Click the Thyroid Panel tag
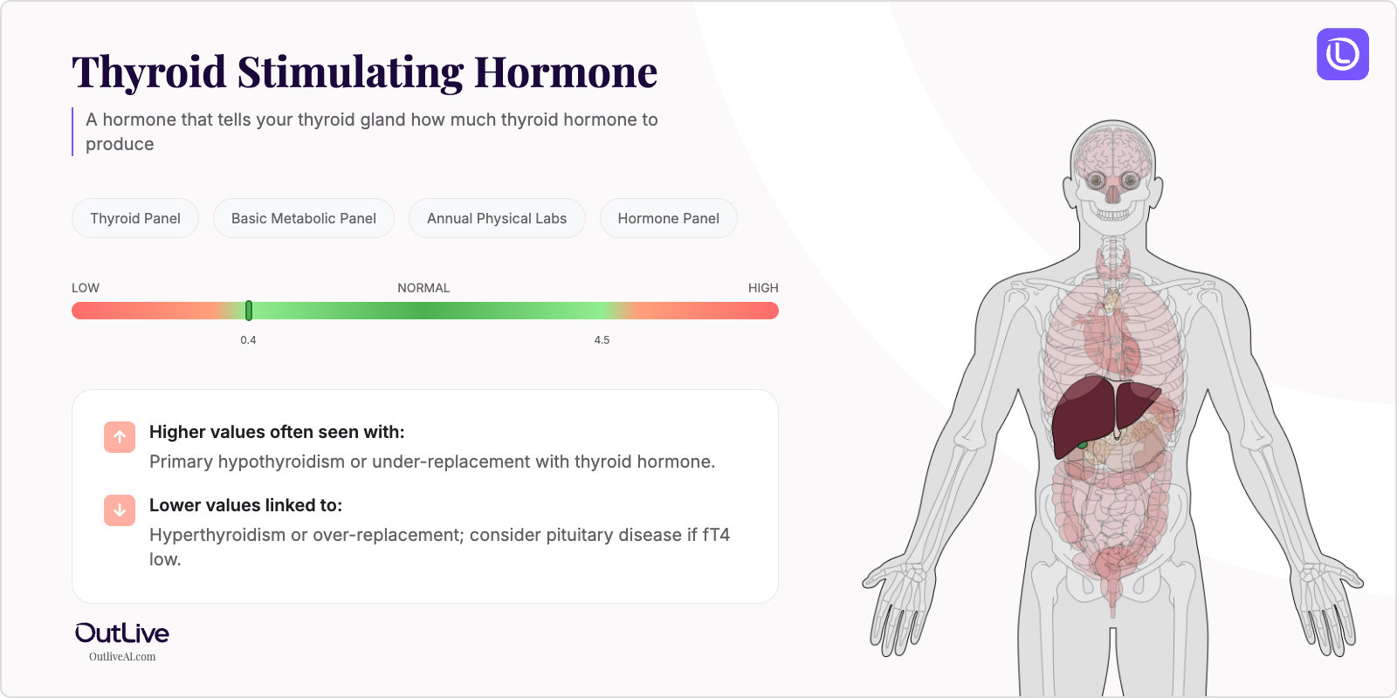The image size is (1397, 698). [x=135, y=218]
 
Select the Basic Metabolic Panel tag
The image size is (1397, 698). [x=304, y=218]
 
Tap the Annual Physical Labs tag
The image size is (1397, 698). [x=497, y=218]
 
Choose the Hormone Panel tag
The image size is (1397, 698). [x=669, y=218]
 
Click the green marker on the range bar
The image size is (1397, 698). [x=249, y=311]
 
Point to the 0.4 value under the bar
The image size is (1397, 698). [x=249, y=340]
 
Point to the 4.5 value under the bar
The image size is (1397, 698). [x=602, y=340]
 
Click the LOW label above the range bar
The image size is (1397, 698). [x=86, y=288]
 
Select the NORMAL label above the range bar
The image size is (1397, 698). [x=423, y=288]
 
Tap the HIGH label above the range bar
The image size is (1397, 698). [x=763, y=288]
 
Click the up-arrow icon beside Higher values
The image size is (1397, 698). [x=120, y=437]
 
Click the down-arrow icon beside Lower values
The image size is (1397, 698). [x=120, y=510]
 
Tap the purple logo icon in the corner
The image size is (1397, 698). [x=1343, y=54]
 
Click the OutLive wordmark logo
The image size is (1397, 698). [x=122, y=633]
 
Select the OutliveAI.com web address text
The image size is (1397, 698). [x=122, y=657]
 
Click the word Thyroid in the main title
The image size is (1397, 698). [x=148, y=72]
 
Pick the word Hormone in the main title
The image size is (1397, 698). [x=566, y=72]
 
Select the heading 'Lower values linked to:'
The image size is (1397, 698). [x=245, y=505]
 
